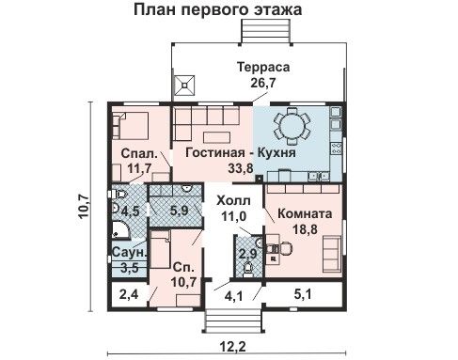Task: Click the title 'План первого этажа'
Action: (218, 9)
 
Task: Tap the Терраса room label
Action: (263, 68)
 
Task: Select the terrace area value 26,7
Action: (263, 83)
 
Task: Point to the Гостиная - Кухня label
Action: (241, 152)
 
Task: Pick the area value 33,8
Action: (241, 168)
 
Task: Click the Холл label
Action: (233, 200)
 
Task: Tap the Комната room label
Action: (305, 213)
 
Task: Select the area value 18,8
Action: (305, 229)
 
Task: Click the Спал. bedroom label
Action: (139, 153)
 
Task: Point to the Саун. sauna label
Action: (129, 253)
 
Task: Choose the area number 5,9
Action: (180, 211)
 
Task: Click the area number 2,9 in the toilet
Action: (248, 253)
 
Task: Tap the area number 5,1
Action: (303, 294)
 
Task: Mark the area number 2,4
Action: (129, 294)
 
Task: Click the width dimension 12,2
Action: (232, 347)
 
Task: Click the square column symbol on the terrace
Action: (184, 85)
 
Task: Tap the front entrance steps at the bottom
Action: (232, 321)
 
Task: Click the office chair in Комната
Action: (285, 248)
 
